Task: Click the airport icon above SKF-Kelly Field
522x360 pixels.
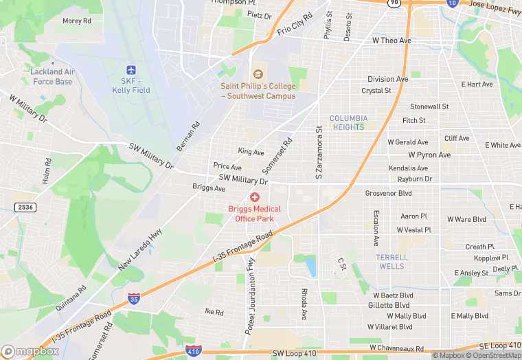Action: point(131,70)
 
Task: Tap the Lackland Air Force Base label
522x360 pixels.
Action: point(53,76)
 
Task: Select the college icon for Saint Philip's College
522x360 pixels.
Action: point(258,74)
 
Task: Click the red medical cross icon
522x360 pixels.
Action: point(255,198)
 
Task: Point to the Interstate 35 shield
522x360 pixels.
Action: point(134,299)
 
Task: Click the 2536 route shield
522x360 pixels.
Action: point(25,207)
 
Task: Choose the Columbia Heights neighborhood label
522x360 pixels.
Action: point(349,122)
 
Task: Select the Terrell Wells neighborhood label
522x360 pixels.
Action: point(391,261)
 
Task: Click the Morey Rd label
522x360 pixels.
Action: point(77,21)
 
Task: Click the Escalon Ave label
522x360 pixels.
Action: point(376,228)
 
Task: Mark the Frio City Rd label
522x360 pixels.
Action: point(295,23)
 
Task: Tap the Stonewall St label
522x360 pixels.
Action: point(429,106)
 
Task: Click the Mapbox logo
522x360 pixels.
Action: point(30,351)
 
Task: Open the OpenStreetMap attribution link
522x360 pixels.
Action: point(495,355)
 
